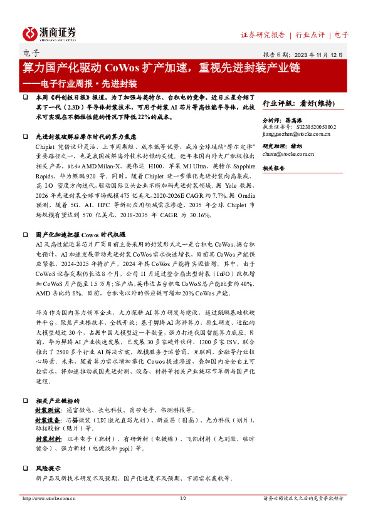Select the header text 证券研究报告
pyautogui.click(x=263, y=35)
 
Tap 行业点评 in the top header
pyautogui.click(x=310, y=35)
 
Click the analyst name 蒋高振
pyautogui.click(x=308, y=118)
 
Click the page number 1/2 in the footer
pyautogui.click(x=183, y=499)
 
